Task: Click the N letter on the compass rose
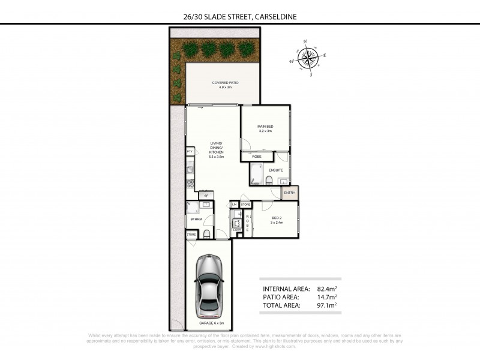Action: click(306, 42)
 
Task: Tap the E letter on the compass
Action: click(325, 56)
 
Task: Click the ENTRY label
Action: click(289, 193)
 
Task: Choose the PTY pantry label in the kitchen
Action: click(190, 152)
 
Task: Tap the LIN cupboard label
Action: click(234, 205)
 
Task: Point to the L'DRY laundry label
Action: click(236, 230)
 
